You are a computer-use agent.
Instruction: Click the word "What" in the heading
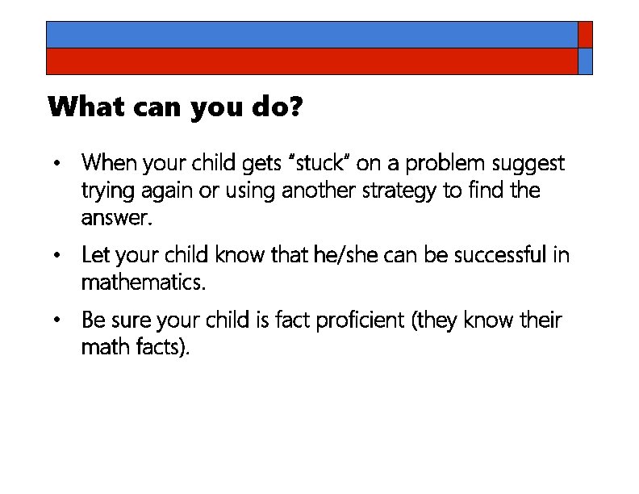coord(77,107)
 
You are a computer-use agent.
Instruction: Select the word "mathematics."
coord(144,283)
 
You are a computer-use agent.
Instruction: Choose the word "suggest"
coord(528,164)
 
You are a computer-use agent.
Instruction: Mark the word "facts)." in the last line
coord(165,348)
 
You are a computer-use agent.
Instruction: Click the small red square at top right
coord(586,34)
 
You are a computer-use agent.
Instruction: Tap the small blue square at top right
coord(586,61)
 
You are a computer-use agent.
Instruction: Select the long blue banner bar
coord(311,34)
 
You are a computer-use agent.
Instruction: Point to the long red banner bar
coord(311,61)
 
